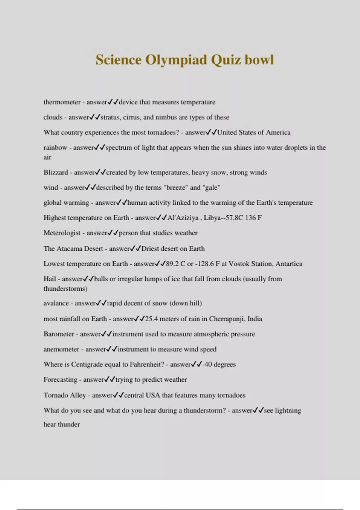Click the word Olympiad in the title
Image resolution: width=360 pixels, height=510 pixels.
click(176, 60)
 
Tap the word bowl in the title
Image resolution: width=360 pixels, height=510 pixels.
click(259, 59)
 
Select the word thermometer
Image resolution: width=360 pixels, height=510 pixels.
click(62, 102)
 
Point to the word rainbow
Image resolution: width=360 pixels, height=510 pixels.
click(55, 148)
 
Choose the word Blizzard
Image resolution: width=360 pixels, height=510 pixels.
click(56, 172)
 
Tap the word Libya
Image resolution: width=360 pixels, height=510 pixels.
click(212, 218)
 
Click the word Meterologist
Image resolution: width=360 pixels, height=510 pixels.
click(62, 233)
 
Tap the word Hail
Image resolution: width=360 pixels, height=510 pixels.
click(49, 279)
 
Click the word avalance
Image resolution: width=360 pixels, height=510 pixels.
click(56, 303)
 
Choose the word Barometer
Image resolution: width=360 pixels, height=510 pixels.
click(58, 334)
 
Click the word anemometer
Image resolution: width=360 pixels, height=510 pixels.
click(61, 349)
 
